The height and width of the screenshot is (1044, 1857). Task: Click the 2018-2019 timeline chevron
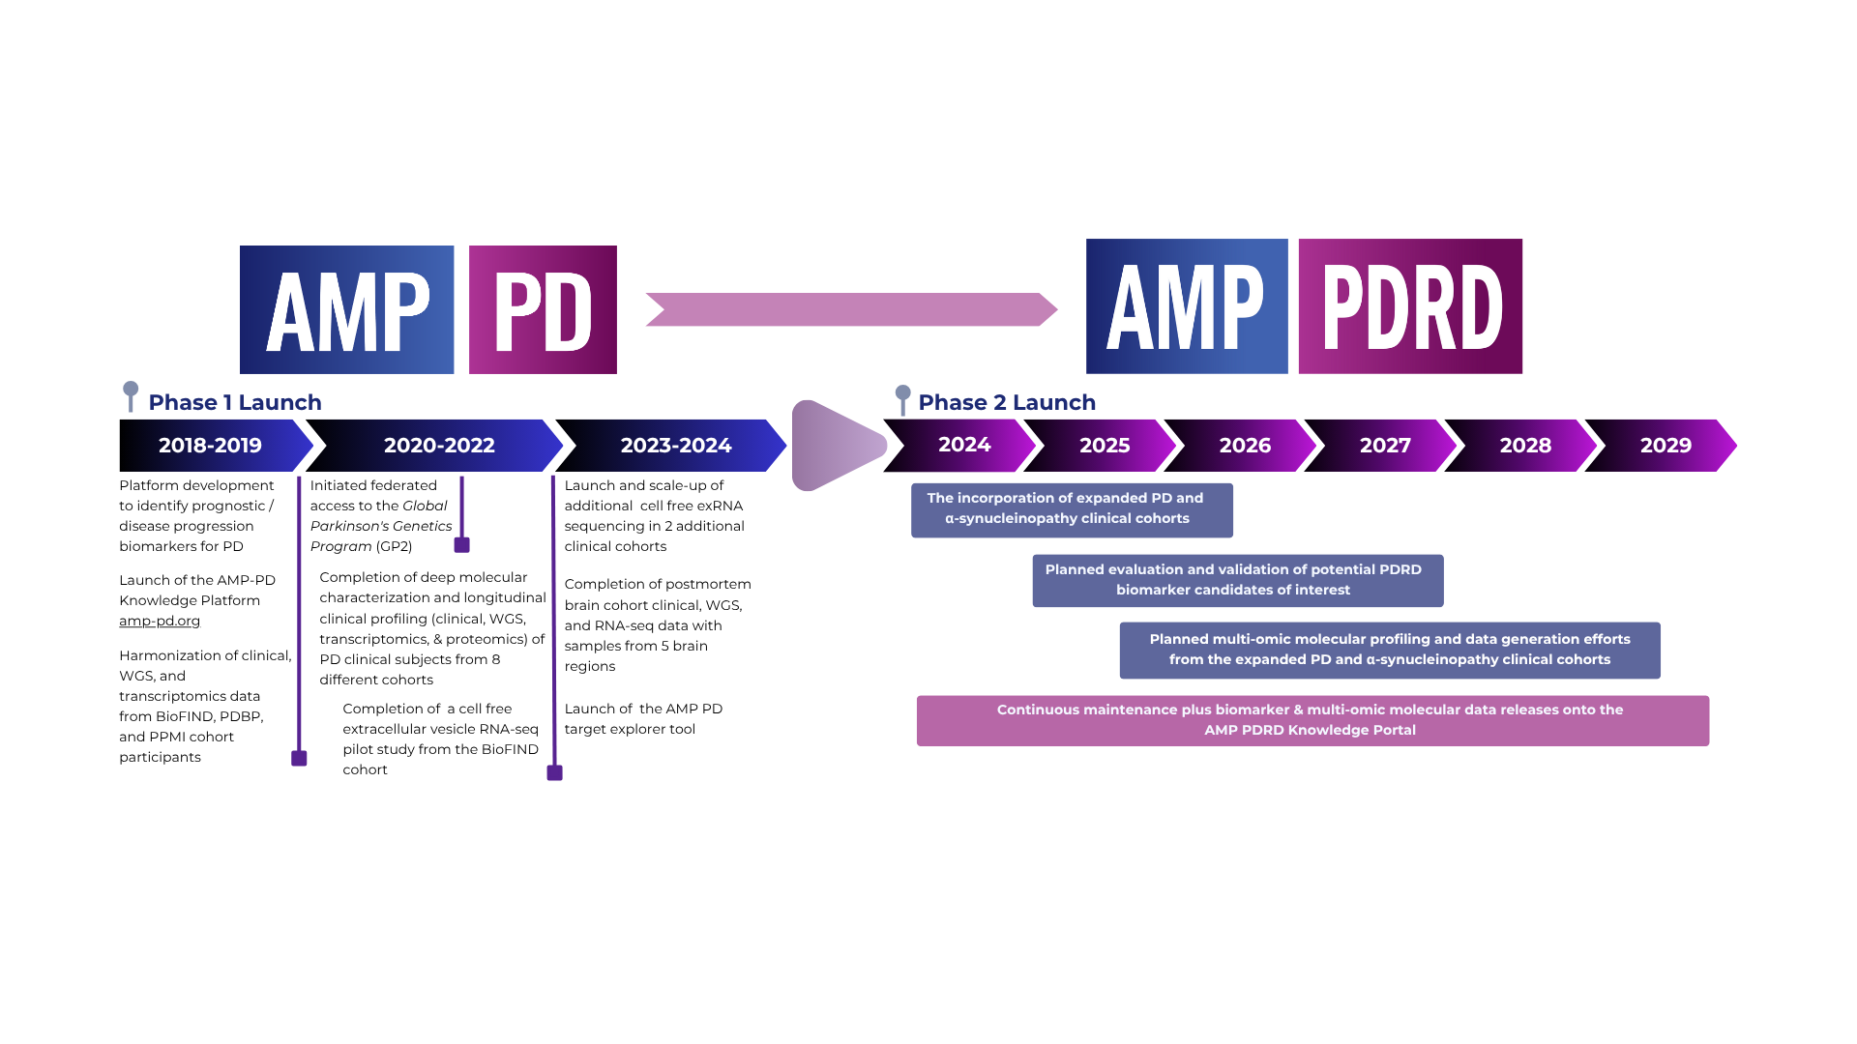click(210, 446)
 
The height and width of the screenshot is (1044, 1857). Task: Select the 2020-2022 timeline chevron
click(439, 446)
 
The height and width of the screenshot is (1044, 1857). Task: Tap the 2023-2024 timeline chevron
click(675, 446)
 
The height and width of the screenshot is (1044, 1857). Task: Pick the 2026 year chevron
click(1244, 446)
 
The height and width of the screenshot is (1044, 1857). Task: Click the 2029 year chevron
click(1665, 446)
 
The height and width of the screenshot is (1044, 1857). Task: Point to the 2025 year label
click(1105, 446)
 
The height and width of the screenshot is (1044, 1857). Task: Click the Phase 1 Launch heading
click(234, 402)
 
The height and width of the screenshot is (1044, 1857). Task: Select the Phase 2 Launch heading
click(1006, 402)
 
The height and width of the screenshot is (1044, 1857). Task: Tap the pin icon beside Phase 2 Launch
click(902, 398)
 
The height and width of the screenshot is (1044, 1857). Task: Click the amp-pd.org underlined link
click(160, 621)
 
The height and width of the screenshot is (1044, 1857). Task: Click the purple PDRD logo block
click(1409, 306)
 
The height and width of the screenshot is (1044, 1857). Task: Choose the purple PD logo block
click(543, 309)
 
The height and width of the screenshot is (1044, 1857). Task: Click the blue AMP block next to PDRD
click(1187, 306)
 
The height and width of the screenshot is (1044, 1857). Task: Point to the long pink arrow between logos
click(851, 309)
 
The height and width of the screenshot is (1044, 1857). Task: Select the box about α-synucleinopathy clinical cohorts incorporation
click(1071, 509)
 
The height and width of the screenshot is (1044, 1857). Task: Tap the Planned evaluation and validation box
click(1237, 580)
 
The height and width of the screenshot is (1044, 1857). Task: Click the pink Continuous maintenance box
click(1312, 720)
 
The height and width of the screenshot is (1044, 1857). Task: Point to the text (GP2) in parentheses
click(394, 546)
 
